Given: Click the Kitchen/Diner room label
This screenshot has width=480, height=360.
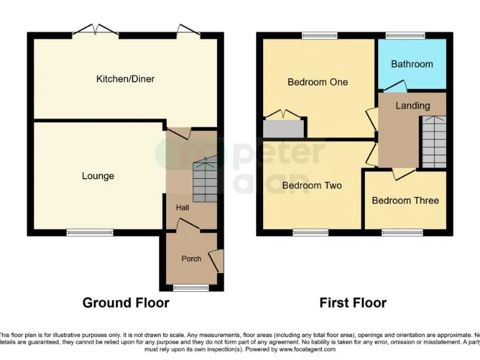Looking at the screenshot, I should [125, 79].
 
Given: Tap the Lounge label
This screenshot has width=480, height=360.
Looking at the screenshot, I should [98, 176].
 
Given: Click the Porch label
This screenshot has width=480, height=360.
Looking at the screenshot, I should [191, 258].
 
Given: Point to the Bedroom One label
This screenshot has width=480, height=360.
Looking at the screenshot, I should [317, 82].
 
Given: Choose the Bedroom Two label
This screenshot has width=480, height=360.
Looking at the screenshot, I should [312, 185].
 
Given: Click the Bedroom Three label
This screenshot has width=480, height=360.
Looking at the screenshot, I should [405, 200].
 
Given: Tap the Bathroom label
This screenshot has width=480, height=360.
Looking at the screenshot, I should [412, 64].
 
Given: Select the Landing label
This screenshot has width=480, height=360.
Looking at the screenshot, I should [412, 105].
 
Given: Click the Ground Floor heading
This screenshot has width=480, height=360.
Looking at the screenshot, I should [126, 303].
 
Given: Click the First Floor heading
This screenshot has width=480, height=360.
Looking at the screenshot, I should [352, 303].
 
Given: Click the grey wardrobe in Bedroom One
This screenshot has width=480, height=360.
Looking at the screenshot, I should [283, 129].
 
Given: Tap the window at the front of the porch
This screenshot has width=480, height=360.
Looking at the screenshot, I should [191, 288].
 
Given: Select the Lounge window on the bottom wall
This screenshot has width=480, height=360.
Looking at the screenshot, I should [86, 232].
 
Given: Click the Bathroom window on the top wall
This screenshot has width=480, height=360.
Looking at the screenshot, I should [404, 35].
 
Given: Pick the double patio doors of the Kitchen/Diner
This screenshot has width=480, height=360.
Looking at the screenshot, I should [95, 31].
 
